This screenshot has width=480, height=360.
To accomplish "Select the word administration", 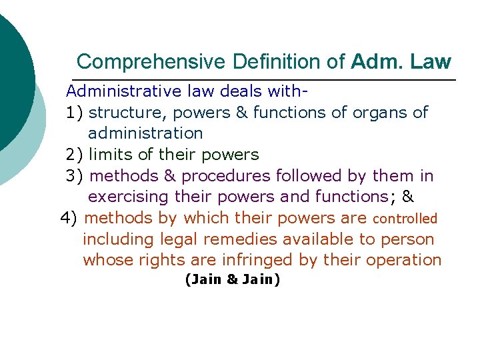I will [145, 133].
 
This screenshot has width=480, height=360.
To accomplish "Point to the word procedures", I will [227, 176].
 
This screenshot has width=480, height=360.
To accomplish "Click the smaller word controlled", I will [405, 219].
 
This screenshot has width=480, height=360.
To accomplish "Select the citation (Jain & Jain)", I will [232, 280].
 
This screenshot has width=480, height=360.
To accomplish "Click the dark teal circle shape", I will [12, 80].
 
